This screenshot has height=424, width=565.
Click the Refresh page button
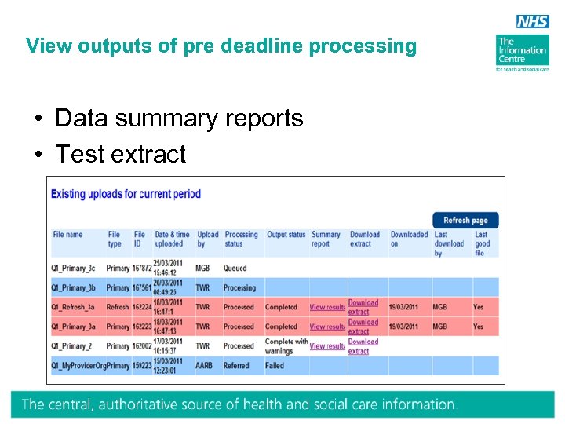[x=465, y=221]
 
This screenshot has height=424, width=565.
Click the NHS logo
[x=532, y=22]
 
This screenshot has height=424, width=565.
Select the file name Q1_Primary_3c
[x=74, y=268]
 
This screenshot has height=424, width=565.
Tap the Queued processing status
[x=235, y=268]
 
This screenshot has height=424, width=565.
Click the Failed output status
[x=275, y=366]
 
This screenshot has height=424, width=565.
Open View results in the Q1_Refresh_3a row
[x=326, y=307]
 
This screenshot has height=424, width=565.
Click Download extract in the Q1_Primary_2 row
[x=363, y=346]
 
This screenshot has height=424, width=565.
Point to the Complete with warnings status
[x=286, y=346]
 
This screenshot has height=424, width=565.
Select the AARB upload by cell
[x=206, y=366]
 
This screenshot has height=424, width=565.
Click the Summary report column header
[x=326, y=239]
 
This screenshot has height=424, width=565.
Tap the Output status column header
[x=286, y=235]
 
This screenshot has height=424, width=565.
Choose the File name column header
[x=67, y=235]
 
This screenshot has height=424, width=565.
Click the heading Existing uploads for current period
[x=126, y=194]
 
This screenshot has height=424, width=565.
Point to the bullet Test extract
[x=121, y=155]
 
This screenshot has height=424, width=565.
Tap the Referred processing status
[x=236, y=366]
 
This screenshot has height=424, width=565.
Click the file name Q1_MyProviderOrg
[x=78, y=366]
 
